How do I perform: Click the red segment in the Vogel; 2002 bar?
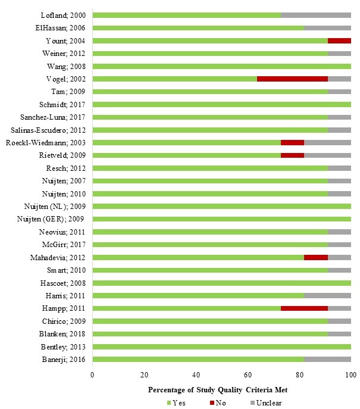(x=292, y=79)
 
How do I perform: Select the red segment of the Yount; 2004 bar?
(x=339, y=40)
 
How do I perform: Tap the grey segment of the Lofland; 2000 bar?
(x=315, y=15)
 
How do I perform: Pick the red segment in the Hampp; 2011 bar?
(x=304, y=308)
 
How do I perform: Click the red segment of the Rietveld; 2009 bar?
(x=292, y=155)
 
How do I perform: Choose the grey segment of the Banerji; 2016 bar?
(x=327, y=359)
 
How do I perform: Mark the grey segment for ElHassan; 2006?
(x=327, y=28)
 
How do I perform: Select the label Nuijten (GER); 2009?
(x=52, y=219)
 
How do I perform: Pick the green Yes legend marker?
(x=170, y=402)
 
